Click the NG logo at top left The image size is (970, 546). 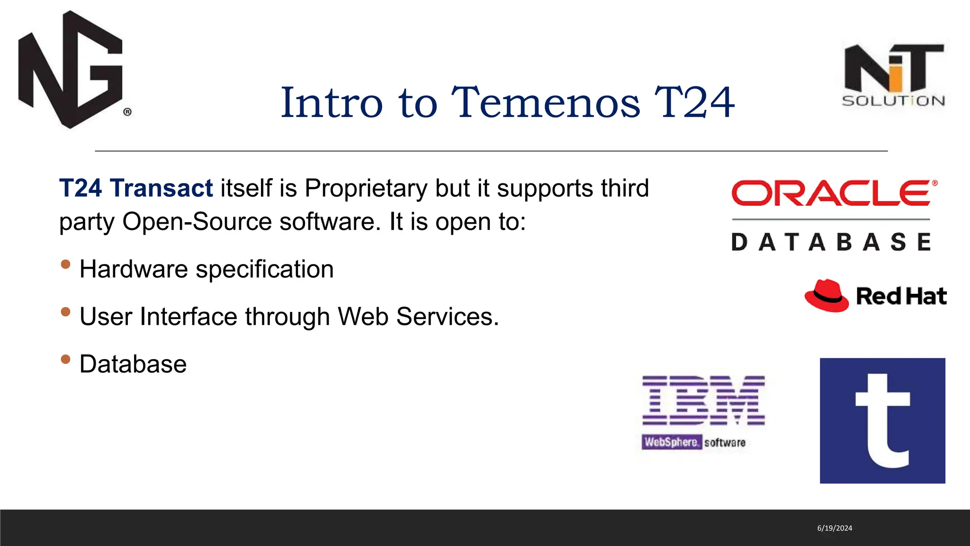click(71, 70)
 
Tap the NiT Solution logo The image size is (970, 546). click(893, 75)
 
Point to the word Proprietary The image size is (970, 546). click(366, 188)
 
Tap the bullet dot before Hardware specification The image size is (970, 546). click(66, 264)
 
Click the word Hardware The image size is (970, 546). click(134, 269)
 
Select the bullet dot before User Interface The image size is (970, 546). click(66, 312)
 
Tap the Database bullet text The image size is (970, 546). click(133, 364)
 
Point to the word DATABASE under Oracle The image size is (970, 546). click(831, 242)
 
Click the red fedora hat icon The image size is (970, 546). click(826, 296)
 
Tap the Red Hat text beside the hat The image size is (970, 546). click(901, 297)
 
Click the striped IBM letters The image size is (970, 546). click(703, 400)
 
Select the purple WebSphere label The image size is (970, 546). click(671, 442)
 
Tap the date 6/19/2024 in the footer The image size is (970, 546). click(835, 528)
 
